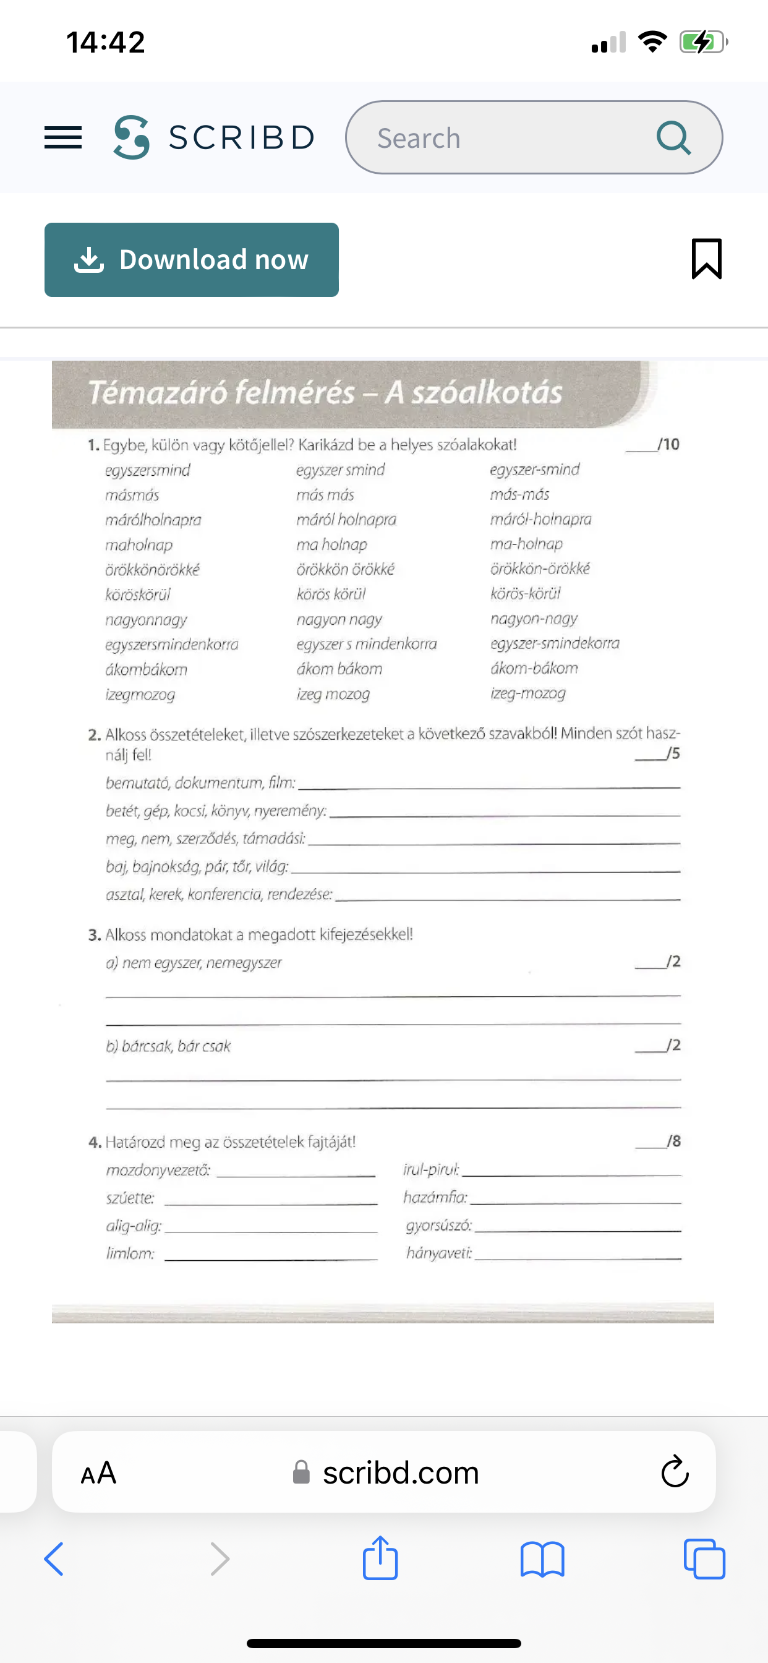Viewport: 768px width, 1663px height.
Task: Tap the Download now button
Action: coord(191,259)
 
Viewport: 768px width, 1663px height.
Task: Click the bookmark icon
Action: coord(706,259)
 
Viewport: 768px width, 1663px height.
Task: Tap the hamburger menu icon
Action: coord(62,137)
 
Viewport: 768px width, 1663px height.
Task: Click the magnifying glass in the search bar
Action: coord(673,137)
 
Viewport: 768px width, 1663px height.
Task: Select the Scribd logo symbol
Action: coord(132,137)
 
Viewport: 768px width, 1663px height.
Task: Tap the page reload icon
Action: coord(675,1472)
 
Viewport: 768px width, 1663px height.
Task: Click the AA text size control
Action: coord(98,1472)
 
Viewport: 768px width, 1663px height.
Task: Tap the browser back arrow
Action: coord(54,1559)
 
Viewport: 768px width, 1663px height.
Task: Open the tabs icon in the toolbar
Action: coord(704,1559)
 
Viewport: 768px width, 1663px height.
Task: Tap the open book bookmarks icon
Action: coord(542,1559)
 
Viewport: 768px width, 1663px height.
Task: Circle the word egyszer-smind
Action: coord(534,470)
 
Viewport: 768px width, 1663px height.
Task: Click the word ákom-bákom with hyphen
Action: coord(534,668)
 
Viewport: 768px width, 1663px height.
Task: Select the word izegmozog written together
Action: coord(140,695)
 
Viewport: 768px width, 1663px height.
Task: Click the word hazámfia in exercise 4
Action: coord(434,1198)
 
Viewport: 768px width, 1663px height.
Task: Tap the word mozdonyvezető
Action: coord(158,1171)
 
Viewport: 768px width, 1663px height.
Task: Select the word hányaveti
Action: coord(438,1253)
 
